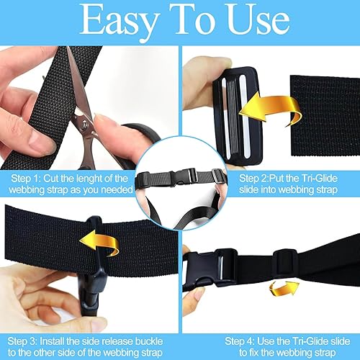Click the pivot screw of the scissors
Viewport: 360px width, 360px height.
(84, 124)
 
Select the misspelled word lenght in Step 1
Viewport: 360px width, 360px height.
(93, 179)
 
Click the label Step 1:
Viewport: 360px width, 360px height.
(26, 179)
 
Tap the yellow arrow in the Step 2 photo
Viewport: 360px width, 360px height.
(270, 109)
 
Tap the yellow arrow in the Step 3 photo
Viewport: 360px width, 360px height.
(99, 243)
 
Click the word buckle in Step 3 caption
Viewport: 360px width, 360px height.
(149, 341)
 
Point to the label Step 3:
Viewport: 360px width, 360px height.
(22, 341)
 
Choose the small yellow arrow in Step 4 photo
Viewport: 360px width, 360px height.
(284, 289)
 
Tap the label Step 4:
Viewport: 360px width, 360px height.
(240, 341)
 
